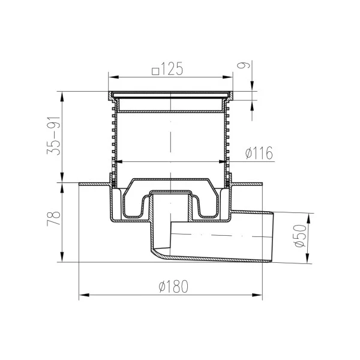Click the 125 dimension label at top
(x=172, y=68)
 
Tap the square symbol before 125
(x=155, y=71)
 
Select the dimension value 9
(x=243, y=65)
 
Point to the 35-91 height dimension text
(x=54, y=136)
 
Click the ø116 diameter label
(x=259, y=152)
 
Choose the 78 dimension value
(x=54, y=218)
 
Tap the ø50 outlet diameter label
(x=301, y=236)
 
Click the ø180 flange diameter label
(x=173, y=286)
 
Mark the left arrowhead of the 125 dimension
(x=113, y=77)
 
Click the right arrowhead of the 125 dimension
(x=227, y=77)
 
